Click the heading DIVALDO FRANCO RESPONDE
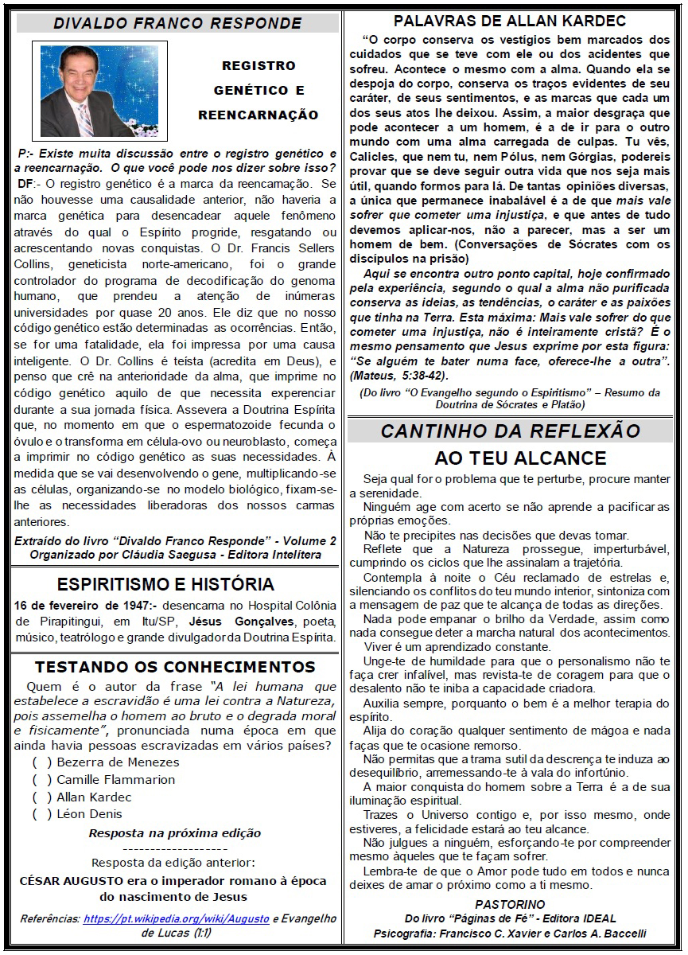(177, 24)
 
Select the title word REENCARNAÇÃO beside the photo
(258, 115)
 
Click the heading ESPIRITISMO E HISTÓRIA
(165, 583)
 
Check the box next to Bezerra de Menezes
(42, 762)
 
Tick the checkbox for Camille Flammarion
(42, 780)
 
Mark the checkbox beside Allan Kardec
(42, 797)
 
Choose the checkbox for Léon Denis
(42, 814)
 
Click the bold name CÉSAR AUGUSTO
(71, 881)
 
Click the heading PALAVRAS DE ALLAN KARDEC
(510, 21)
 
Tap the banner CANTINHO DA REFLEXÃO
(510, 431)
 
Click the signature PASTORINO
(510, 904)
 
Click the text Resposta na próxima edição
(174, 833)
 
